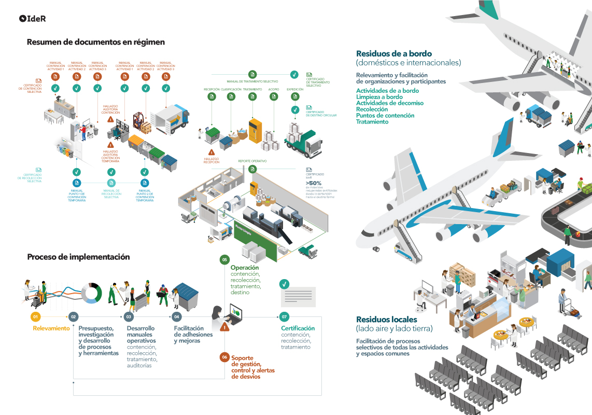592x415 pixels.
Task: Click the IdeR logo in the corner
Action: click(x=33, y=19)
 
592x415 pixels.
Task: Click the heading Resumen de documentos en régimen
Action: click(x=96, y=42)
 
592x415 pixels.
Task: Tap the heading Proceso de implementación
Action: click(x=78, y=257)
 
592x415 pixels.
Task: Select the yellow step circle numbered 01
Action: click(x=36, y=316)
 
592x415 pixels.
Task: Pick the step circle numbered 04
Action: click(x=177, y=316)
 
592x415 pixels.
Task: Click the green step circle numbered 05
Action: click(x=224, y=259)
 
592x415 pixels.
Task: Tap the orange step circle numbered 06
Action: click(x=224, y=357)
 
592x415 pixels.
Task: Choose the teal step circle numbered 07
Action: click(x=284, y=316)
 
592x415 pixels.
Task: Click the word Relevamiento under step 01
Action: click(x=51, y=328)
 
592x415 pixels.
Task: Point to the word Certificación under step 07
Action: click(x=298, y=328)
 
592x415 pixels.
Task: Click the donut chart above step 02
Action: click(x=92, y=293)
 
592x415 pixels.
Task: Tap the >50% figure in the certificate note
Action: click(x=314, y=183)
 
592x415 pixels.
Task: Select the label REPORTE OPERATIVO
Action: click(x=252, y=161)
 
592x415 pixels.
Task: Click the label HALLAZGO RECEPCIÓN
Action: click(x=212, y=160)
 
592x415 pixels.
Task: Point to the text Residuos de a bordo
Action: click(x=393, y=53)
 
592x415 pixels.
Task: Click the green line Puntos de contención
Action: click(x=385, y=116)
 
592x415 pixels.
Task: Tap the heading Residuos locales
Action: click(x=387, y=320)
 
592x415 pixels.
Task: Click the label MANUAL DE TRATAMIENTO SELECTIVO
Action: click(x=252, y=81)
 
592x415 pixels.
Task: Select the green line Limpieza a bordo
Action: click(x=379, y=97)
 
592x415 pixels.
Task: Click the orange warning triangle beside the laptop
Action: click(x=224, y=327)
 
